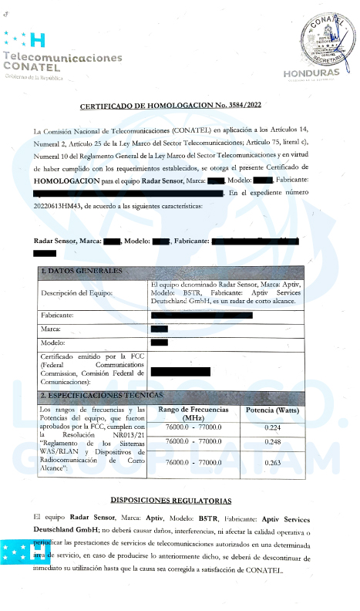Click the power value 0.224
tap(272, 427)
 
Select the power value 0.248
tap(272, 442)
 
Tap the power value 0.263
tap(272, 462)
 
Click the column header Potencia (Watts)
tap(272, 410)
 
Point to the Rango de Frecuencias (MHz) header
tap(193, 414)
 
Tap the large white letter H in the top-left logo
tap(36, 41)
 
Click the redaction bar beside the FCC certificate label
tap(180, 372)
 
